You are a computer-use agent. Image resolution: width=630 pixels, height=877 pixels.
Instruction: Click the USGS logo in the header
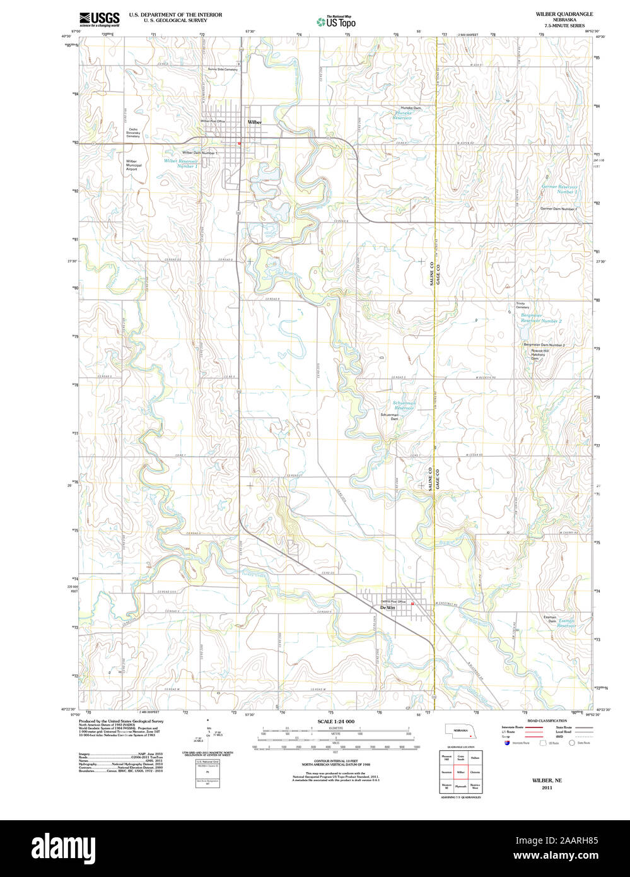click(99, 19)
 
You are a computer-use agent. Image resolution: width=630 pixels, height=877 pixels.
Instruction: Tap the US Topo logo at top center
click(337, 21)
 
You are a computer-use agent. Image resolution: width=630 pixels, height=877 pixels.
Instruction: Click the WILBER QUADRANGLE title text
click(556, 13)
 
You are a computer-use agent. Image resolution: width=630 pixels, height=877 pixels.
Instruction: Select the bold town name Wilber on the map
click(255, 122)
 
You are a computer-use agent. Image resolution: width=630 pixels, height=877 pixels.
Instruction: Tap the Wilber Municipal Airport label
click(131, 165)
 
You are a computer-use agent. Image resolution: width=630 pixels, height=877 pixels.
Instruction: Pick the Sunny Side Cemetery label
click(223, 69)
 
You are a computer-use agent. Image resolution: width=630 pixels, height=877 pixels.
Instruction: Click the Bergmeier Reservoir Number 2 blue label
click(540, 319)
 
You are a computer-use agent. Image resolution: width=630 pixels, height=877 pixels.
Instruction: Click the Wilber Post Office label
click(213, 121)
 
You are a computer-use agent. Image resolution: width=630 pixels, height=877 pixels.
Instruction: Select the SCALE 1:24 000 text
click(335, 721)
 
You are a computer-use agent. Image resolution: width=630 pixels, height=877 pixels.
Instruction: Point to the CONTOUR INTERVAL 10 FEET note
click(335, 762)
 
